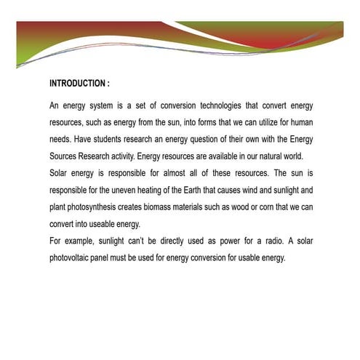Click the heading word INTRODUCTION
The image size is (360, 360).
pos(76,84)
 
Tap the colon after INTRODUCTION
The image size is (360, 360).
pos(108,84)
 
